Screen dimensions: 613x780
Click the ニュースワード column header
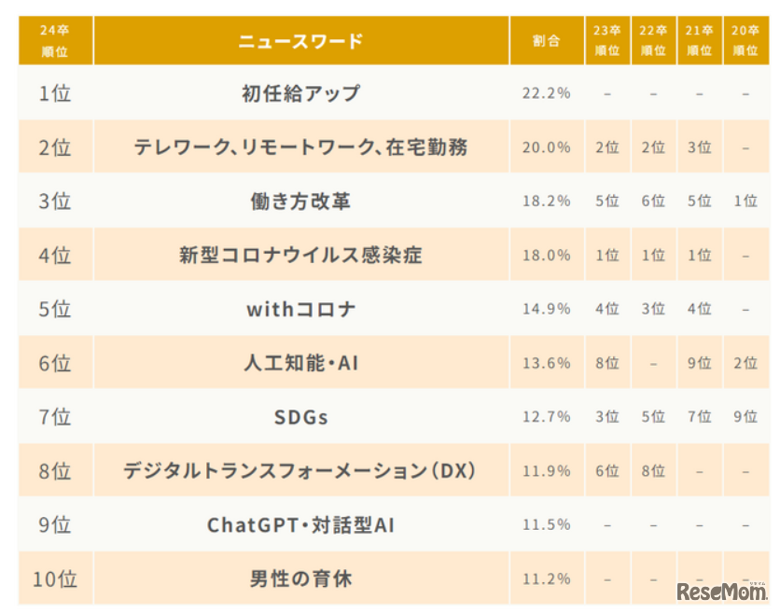[x=300, y=41]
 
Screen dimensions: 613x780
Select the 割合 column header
[x=546, y=41]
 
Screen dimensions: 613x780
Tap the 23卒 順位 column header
[x=606, y=41]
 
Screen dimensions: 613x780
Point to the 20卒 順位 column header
[x=745, y=41]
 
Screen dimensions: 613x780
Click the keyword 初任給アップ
[x=300, y=93]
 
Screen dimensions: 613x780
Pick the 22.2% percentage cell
[x=546, y=93]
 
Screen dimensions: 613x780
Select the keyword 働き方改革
[x=300, y=201]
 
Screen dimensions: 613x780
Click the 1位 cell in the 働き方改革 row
[x=745, y=201]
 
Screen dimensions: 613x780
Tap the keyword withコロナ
[x=300, y=309]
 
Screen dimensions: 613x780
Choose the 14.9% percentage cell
[x=546, y=309]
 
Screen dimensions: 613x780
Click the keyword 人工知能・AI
[x=300, y=363]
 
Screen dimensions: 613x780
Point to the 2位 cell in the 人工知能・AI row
[x=745, y=363]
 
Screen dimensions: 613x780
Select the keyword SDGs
[x=300, y=417]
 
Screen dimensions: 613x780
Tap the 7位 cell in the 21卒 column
[x=699, y=417]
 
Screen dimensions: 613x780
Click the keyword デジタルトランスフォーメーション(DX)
[x=300, y=471]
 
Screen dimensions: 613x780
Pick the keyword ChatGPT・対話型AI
[x=300, y=525]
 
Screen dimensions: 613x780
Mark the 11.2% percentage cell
[x=546, y=579]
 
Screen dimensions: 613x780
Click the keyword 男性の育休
[x=300, y=579]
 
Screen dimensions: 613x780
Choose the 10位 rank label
[x=55, y=579]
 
